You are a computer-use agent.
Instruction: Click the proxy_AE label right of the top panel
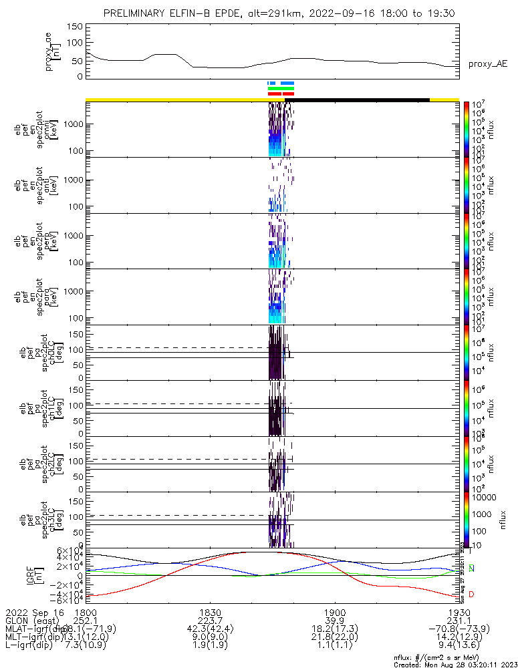pos(487,64)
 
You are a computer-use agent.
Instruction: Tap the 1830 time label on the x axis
pos(210,612)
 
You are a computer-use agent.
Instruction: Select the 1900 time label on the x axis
pos(334,612)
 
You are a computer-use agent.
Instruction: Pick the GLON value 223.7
pos(210,621)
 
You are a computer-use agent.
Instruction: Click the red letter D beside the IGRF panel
pos(472,594)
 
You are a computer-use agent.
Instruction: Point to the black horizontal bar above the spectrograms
pos(357,100)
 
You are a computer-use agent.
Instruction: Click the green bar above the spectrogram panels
pos(281,88)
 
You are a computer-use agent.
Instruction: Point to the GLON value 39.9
pos(334,621)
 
